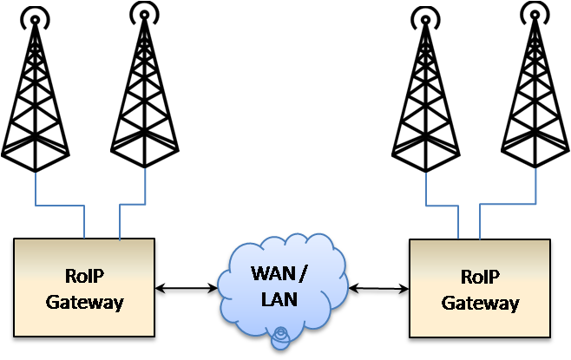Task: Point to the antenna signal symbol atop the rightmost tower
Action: [x=535, y=14]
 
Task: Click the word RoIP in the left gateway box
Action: [x=84, y=276]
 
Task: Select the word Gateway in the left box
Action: [x=84, y=303]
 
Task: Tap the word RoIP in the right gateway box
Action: [x=481, y=277]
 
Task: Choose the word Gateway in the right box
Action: [x=481, y=304]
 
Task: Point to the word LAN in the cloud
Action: [x=279, y=299]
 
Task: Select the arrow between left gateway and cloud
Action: [x=186, y=288]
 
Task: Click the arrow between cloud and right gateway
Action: [x=378, y=289]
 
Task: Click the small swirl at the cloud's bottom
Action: [x=281, y=338]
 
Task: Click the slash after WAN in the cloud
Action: [x=302, y=274]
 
